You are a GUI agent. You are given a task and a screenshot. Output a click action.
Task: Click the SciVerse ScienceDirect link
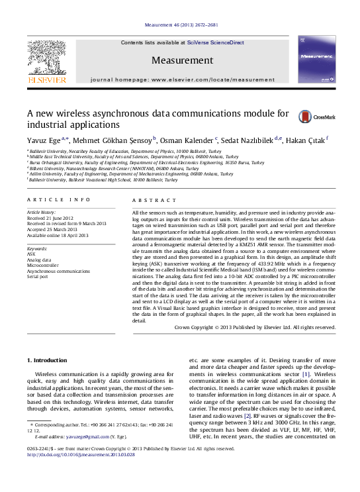(x=215, y=42)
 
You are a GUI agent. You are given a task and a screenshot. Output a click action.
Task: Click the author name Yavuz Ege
(x=44, y=140)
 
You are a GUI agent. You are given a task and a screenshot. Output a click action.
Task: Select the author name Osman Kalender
(x=187, y=140)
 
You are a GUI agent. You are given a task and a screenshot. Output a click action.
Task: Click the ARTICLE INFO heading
(x=59, y=199)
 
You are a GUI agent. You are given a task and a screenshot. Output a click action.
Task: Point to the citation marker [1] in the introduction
(x=306, y=375)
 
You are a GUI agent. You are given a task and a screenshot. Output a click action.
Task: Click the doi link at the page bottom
(x=86, y=455)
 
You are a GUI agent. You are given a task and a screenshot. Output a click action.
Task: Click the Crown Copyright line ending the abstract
(x=254, y=327)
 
